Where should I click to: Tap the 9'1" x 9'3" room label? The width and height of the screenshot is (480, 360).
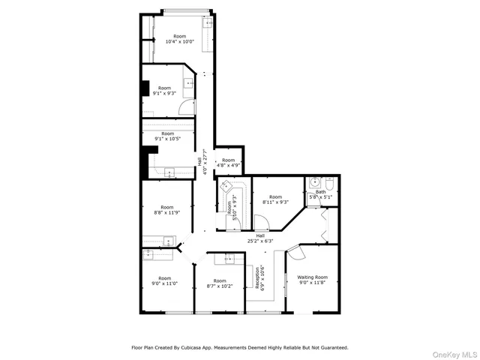coord(164,91)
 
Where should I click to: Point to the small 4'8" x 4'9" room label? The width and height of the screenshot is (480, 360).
coord(228,163)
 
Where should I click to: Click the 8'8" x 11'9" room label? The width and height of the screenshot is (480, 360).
coord(166,210)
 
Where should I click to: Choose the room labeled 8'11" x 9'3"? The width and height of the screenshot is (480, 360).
coord(276,199)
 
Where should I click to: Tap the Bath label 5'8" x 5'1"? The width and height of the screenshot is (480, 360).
coord(320,195)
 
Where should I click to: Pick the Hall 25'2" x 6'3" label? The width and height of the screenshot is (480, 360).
coord(260,238)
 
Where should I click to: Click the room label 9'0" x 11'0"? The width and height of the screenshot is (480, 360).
coord(164,281)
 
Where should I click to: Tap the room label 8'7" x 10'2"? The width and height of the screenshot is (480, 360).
coord(220,283)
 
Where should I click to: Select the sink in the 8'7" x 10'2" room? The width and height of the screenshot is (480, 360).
coord(229,259)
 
